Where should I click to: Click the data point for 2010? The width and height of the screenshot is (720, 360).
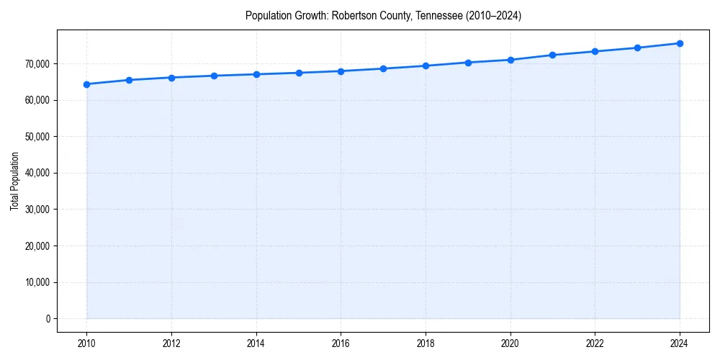tap(86, 84)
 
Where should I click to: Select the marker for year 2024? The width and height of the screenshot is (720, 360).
tap(680, 43)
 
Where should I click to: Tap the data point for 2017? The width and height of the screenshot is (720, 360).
tap(383, 68)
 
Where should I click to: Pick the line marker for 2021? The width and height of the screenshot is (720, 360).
tap(552, 55)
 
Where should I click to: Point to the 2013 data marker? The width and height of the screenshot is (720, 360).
tap(214, 76)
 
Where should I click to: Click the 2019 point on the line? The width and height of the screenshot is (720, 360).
tap(468, 63)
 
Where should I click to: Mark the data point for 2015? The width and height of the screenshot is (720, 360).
tap(299, 73)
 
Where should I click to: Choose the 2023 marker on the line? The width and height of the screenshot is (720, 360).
tap(637, 48)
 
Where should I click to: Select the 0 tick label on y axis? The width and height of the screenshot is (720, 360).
tap(48, 318)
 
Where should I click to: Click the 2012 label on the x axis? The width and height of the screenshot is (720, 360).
tap(171, 343)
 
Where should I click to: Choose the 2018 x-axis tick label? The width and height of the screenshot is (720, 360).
tap(426, 343)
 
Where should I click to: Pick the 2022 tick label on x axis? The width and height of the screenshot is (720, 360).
tap(595, 343)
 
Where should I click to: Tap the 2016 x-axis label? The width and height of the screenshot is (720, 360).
tap(341, 343)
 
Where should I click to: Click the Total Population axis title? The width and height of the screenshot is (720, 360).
tap(14, 191)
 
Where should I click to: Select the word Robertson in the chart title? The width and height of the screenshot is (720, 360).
tap(351, 15)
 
